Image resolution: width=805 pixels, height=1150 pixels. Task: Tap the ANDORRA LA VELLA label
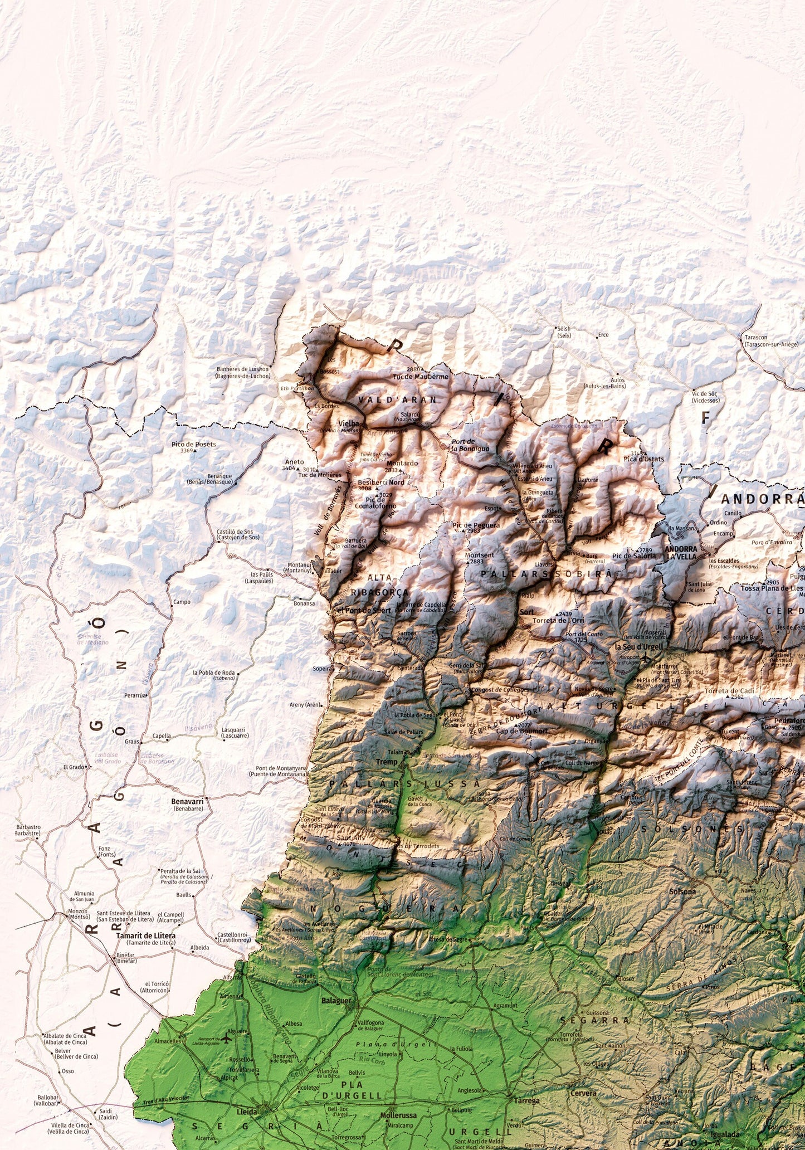(x=681, y=552)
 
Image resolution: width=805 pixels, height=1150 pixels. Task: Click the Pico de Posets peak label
(x=193, y=444)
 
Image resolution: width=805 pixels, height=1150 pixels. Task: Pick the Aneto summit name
(x=294, y=461)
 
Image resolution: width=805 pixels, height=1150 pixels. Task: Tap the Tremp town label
(x=387, y=762)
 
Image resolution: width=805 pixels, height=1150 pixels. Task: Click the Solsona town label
(x=683, y=891)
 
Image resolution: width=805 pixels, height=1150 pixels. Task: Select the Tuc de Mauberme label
(x=420, y=376)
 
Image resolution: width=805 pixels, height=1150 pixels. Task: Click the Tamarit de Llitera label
(x=145, y=935)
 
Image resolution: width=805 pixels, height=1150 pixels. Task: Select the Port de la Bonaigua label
(x=470, y=445)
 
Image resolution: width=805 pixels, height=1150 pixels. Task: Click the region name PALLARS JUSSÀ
(x=404, y=783)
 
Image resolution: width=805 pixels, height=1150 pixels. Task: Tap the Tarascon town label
(x=756, y=337)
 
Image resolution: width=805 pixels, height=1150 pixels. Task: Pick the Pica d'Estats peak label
(x=644, y=459)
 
